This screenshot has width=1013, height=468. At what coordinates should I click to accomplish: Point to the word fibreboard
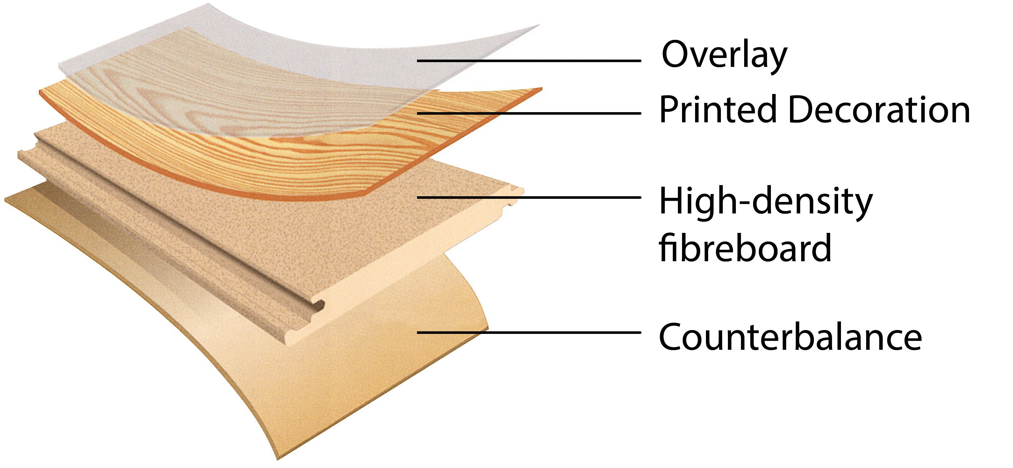[745, 248]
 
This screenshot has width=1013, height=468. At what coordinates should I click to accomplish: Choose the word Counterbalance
[790, 337]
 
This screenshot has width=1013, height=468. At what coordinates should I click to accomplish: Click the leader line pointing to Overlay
[529, 61]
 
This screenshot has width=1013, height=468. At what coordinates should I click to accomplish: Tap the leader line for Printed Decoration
[529, 113]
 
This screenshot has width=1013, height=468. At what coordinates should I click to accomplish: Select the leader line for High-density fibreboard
[529, 198]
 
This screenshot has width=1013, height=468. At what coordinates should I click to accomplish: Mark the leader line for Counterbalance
[529, 333]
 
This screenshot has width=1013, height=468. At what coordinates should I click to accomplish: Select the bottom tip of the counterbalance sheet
[278, 458]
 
